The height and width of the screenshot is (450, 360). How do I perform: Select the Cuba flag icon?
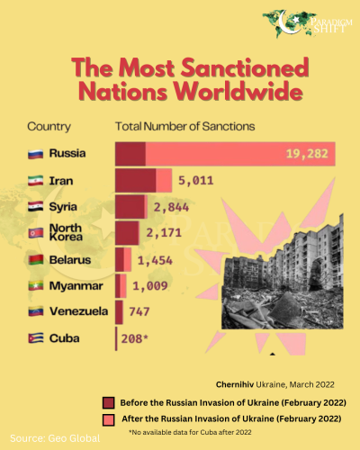tap(37, 338)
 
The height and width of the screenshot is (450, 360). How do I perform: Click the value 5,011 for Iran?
tap(194, 180)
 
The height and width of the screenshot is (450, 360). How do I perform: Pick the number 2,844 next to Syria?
tap(171, 206)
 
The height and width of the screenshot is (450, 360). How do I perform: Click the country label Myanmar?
tap(78, 286)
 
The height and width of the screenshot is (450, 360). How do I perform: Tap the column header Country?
tap(49, 126)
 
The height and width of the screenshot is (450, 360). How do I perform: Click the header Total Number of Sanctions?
tap(184, 126)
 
